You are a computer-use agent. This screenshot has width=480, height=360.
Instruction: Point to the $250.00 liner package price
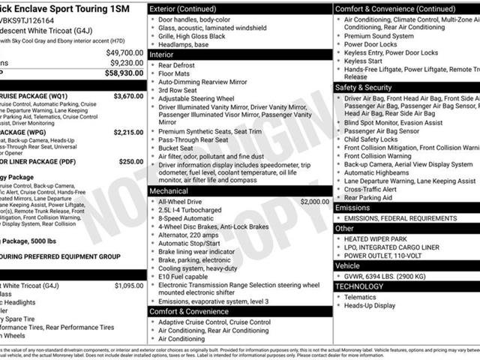[130, 161]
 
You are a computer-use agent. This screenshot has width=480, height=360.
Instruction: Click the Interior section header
[161, 55]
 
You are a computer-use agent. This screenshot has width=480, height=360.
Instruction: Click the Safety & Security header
[364, 88]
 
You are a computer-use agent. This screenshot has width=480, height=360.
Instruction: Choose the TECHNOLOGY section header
[359, 286]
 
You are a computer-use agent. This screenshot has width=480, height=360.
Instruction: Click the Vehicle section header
[347, 265]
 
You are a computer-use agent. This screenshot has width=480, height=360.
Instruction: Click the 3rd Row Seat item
[178, 90]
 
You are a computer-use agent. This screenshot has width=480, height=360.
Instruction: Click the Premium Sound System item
[379, 36]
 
